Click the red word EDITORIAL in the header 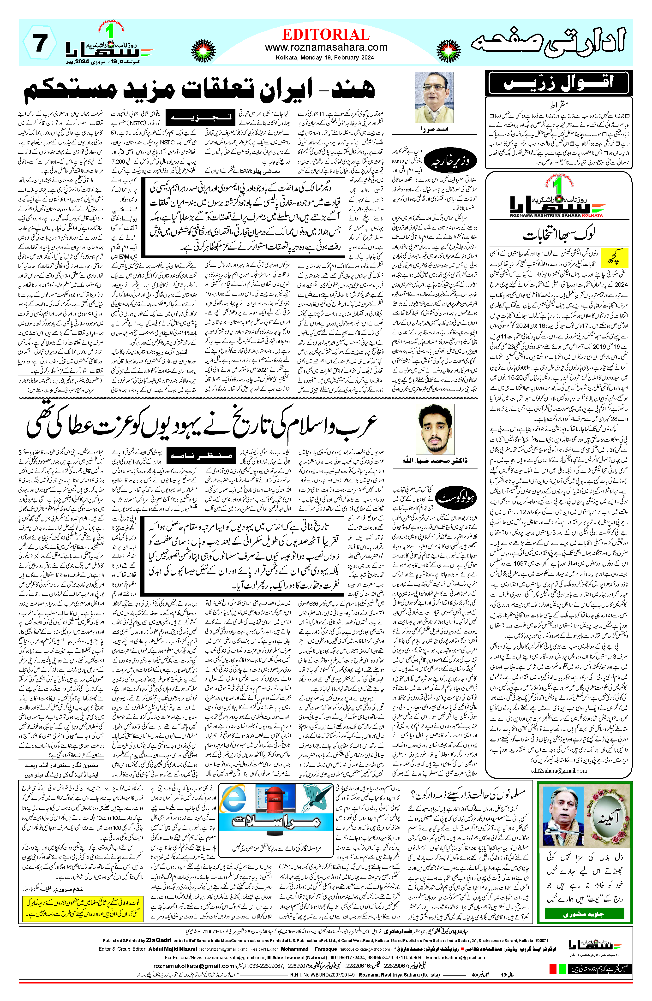[x=326, y=35]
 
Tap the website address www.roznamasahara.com [x=326, y=47]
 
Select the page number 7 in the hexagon [x=40, y=43]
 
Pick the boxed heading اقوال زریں [x=558, y=83]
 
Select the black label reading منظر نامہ [x=199, y=455]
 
